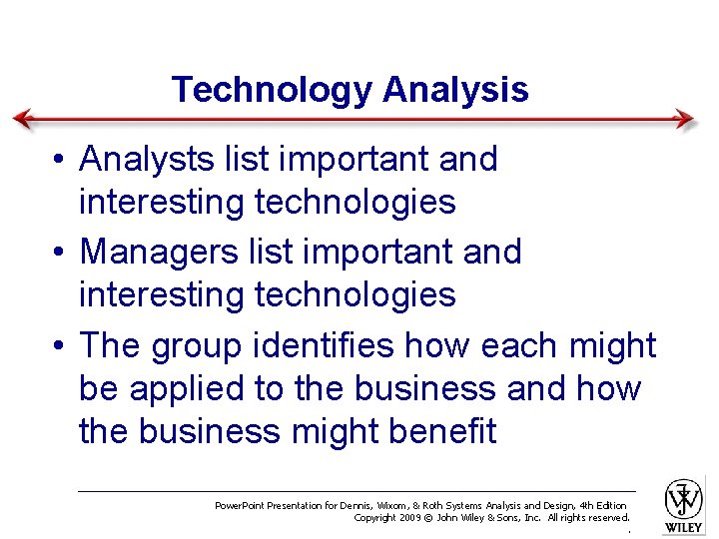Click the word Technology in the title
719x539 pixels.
[x=271, y=90]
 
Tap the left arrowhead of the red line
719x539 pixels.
[x=22, y=119]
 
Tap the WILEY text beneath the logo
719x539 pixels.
[x=684, y=526]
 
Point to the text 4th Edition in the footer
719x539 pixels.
[x=600, y=506]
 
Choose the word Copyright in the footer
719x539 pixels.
[x=375, y=518]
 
